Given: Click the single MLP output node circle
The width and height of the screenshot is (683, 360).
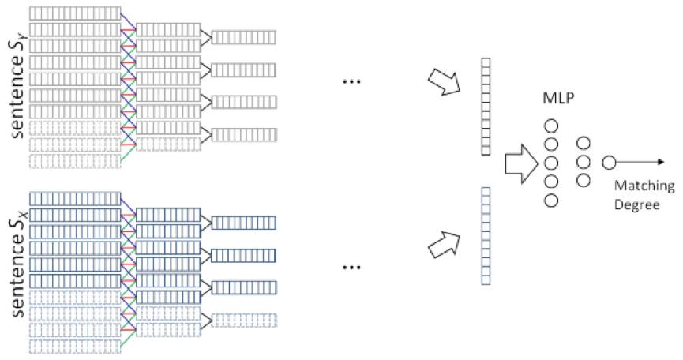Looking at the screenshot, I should pyautogui.click(x=609, y=163).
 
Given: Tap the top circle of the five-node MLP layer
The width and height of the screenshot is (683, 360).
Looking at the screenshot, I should pyautogui.click(x=552, y=126).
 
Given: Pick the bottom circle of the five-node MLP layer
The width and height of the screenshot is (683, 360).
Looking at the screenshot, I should pyautogui.click(x=552, y=200).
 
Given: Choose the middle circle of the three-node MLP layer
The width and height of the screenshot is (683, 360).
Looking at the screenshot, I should pyautogui.click(x=584, y=163).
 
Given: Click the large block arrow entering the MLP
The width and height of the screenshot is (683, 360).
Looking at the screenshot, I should pyautogui.click(x=517, y=163).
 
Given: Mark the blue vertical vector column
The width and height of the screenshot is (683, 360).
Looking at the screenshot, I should pyautogui.click(x=486, y=234).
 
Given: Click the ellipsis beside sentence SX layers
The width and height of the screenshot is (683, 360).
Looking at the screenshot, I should pyautogui.click(x=352, y=268).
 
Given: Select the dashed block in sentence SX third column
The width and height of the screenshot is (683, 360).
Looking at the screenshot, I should pyautogui.click(x=244, y=319).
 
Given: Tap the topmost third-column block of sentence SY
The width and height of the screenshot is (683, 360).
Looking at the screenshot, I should pyautogui.click(x=244, y=36).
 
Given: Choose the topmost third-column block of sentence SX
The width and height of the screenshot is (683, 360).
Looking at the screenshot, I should pyautogui.click(x=244, y=223).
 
